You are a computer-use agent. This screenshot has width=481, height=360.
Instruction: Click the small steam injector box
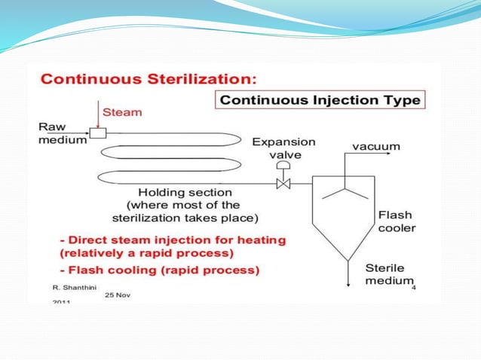click(97, 133)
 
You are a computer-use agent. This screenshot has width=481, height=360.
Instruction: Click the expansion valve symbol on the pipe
click(284, 183)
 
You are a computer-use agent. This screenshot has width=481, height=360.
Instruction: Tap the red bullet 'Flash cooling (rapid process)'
click(161, 270)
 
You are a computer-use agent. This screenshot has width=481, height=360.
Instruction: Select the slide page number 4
click(415, 287)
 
